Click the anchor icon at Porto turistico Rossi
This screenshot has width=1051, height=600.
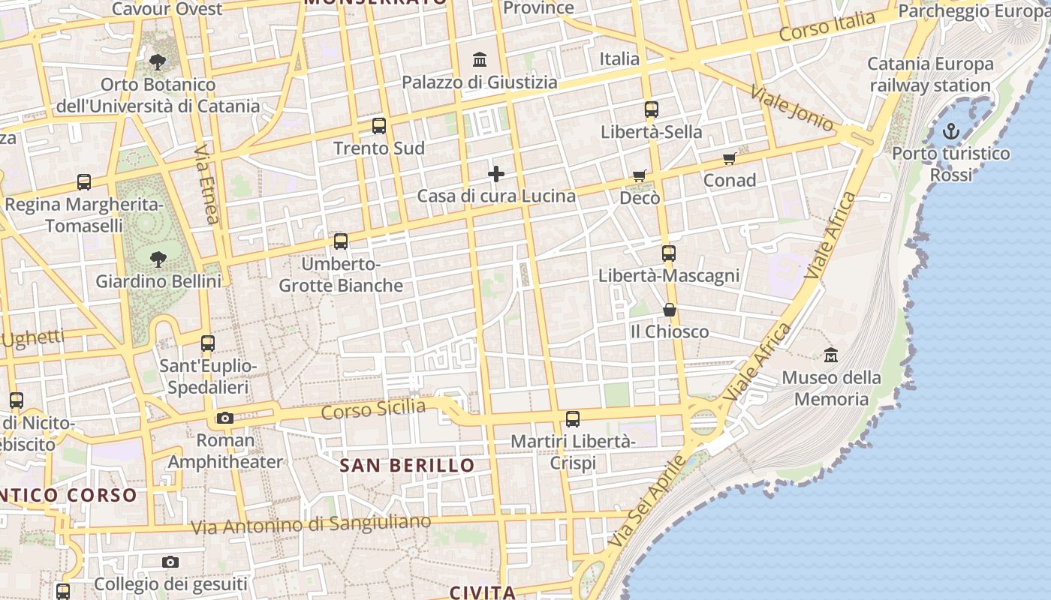point(950,132)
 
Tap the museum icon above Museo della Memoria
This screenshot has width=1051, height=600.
point(830,355)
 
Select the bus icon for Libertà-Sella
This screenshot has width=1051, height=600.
point(651,109)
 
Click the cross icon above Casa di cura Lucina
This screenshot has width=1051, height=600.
point(496,174)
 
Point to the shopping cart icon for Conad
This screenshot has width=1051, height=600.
point(729,158)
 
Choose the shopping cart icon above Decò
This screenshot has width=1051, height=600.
point(639,175)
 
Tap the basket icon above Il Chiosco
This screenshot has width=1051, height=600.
point(669,309)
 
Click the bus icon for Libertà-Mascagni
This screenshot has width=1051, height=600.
point(668,253)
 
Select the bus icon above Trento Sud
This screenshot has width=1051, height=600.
point(379,126)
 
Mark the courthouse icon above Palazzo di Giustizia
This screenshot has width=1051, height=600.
point(480,59)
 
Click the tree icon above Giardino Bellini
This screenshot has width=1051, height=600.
point(158,259)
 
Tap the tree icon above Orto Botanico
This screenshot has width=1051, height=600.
point(158,61)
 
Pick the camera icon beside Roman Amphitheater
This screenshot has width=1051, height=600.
point(224,418)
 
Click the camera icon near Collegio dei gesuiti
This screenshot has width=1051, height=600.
point(170,562)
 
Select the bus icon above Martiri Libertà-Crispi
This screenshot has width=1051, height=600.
point(573,419)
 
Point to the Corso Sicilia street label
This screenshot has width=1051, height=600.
point(373,409)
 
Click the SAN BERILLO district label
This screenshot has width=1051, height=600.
point(407,465)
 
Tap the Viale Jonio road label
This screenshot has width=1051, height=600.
point(792,109)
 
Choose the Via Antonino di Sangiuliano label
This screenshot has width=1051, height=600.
point(311,524)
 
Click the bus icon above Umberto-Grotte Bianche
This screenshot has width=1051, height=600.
point(341,241)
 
